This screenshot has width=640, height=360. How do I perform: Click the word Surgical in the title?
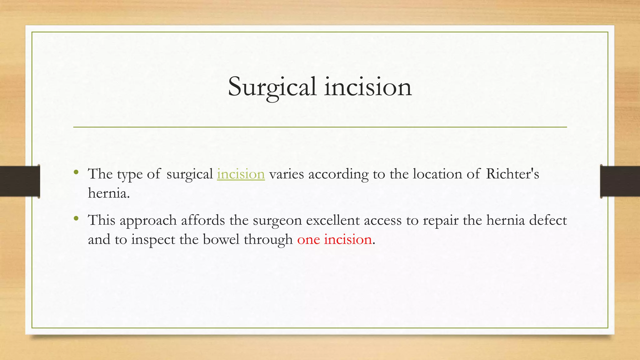[x=272, y=87]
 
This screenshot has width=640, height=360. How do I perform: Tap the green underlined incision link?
[x=241, y=174]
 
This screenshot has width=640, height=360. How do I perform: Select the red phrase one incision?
[x=334, y=240]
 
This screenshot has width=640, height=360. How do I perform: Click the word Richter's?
[x=512, y=174]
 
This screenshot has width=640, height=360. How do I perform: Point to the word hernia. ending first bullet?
[x=109, y=193]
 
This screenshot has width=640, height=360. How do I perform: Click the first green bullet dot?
[x=76, y=172]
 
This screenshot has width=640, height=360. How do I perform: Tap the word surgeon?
[x=277, y=221]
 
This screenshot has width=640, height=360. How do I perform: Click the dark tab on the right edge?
[x=620, y=181]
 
